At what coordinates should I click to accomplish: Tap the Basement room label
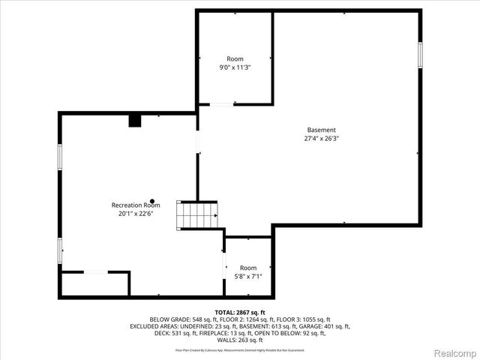click(321, 130)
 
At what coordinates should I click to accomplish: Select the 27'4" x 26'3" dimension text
click(321, 139)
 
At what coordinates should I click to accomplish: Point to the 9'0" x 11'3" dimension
click(235, 67)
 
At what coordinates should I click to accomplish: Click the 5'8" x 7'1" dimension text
click(247, 277)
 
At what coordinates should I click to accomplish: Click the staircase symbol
click(197, 215)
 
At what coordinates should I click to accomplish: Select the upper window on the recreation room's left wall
click(60, 156)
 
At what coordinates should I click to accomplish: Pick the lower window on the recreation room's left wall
click(60, 250)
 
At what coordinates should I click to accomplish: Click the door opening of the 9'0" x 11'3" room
click(220, 104)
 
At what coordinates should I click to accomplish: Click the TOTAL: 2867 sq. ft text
click(240, 312)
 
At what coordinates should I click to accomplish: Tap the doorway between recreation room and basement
click(198, 142)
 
